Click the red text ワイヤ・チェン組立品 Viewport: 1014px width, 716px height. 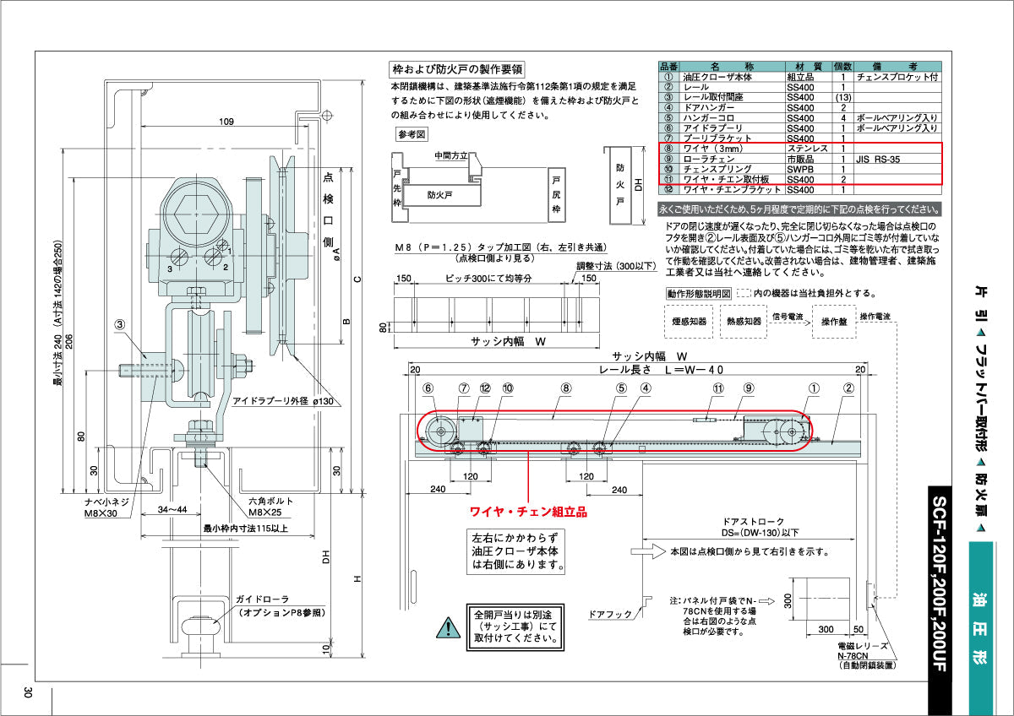point(528,511)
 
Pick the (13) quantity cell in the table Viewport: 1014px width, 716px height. point(842,97)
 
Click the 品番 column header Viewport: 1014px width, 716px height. point(668,65)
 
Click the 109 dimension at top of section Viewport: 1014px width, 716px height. point(226,122)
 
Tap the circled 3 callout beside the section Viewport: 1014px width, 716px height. point(121,323)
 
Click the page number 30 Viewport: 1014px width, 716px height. point(28,692)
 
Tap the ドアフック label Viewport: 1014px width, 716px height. point(608,615)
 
